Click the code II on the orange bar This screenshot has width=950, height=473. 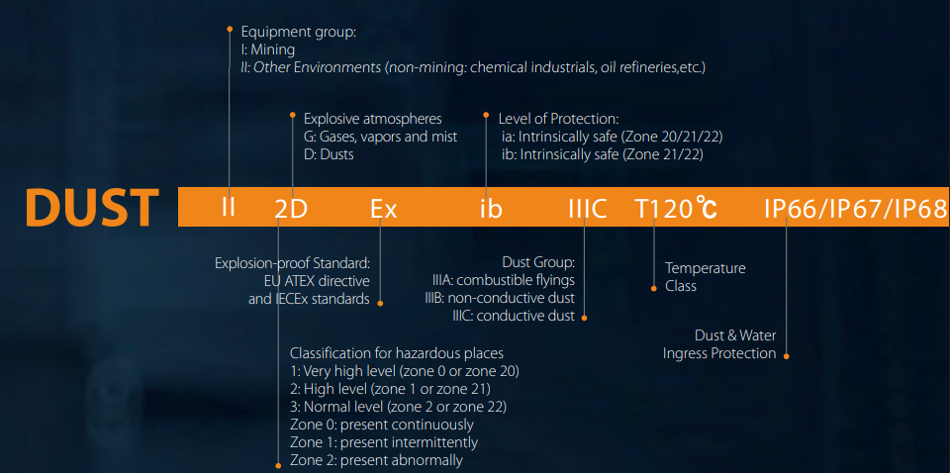pyautogui.click(x=229, y=208)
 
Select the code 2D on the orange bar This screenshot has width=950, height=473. pyautogui.click(x=291, y=210)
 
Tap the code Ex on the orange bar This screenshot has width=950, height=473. pyautogui.click(x=384, y=210)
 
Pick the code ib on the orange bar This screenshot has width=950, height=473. pyautogui.click(x=491, y=210)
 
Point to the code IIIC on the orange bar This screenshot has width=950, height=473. pyautogui.click(x=588, y=210)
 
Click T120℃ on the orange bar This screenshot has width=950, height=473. pyautogui.click(x=676, y=209)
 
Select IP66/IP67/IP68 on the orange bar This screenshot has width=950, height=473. pyautogui.click(x=855, y=209)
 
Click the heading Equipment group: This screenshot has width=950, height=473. pyautogui.click(x=298, y=32)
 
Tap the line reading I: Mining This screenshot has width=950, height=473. pyautogui.click(x=268, y=49)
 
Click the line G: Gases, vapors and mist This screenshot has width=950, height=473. pyautogui.click(x=380, y=137)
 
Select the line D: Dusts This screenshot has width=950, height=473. pyautogui.click(x=329, y=154)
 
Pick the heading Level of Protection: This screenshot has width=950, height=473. pyautogui.click(x=558, y=120)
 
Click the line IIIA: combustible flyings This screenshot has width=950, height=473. pyautogui.click(x=504, y=280)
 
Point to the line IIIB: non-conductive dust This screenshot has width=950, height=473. pyautogui.click(x=500, y=298)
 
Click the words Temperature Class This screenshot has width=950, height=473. pyautogui.click(x=706, y=277)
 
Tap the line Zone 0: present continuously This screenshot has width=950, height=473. pyautogui.click(x=382, y=424)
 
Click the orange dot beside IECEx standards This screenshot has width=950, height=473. pyautogui.click(x=380, y=302)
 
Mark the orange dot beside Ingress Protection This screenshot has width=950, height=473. pyautogui.click(x=787, y=356)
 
